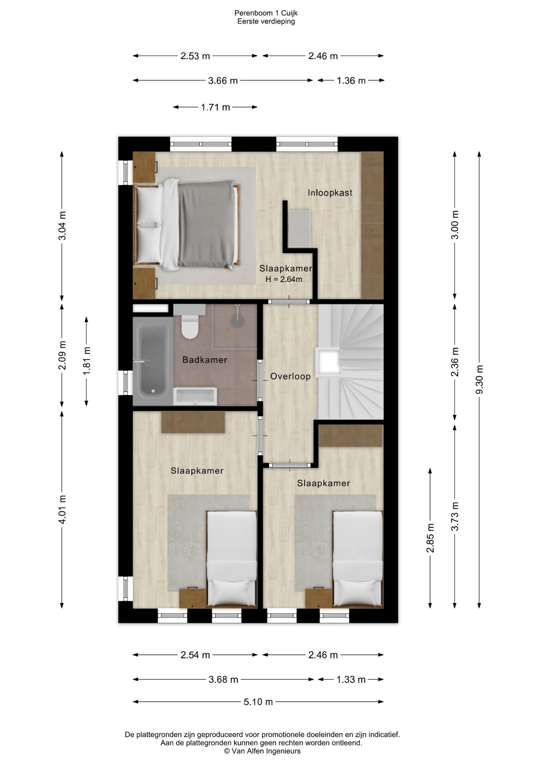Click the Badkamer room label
pos(205,360)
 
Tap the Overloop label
pos(290,377)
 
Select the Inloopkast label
pos(330,193)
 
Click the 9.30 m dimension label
pos(479,379)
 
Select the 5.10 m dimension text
pos(258,702)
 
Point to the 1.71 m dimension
pos(216,107)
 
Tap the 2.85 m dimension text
pos(430,538)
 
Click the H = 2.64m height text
pos(284,279)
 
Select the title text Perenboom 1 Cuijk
pos(266,13)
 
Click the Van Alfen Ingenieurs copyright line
pos(262,751)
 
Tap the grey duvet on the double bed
pos(206,224)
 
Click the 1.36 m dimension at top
pos(351,80)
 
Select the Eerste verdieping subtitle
pos(266,22)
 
